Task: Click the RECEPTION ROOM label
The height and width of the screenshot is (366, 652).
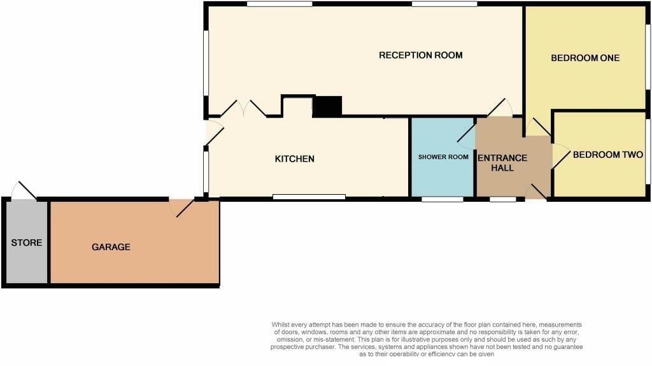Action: click(x=420, y=55)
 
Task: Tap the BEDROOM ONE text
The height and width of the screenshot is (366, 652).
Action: click(x=585, y=58)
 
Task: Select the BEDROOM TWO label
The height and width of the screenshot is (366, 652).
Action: click(x=607, y=155)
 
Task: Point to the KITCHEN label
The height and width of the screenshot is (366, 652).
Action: click(x=294, y=158)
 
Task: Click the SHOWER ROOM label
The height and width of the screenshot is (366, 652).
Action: click(x=443, y=157)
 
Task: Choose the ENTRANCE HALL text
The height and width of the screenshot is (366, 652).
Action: click(x=502, y=163)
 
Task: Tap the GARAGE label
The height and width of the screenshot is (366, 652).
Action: click(x=111, y=247)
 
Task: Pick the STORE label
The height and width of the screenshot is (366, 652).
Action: click(x=27, y=243)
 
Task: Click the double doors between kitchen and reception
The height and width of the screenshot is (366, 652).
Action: click(x=243, y=109)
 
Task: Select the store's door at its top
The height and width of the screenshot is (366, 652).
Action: click(x=25, y=191)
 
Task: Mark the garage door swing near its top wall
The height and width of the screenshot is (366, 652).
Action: click(x=182, y=207)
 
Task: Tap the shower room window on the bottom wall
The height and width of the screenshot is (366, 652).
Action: click(x=443, y=199)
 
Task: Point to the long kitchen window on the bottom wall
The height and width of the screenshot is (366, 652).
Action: click(x=309, y=197)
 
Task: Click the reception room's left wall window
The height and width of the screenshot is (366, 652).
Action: click(x=206, y=64)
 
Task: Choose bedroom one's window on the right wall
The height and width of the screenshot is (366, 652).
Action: click(x=648, y=57)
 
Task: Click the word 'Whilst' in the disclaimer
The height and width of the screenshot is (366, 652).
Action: click(x=281, y=325)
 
